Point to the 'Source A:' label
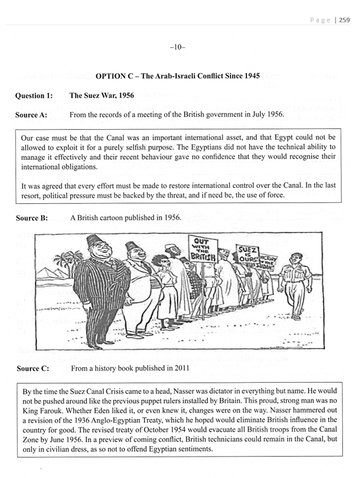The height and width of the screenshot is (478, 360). click(x=31, y=115)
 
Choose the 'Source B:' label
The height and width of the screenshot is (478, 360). click(x=31, y=218)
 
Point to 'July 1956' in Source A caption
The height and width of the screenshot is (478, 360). click(x=265, y=115)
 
